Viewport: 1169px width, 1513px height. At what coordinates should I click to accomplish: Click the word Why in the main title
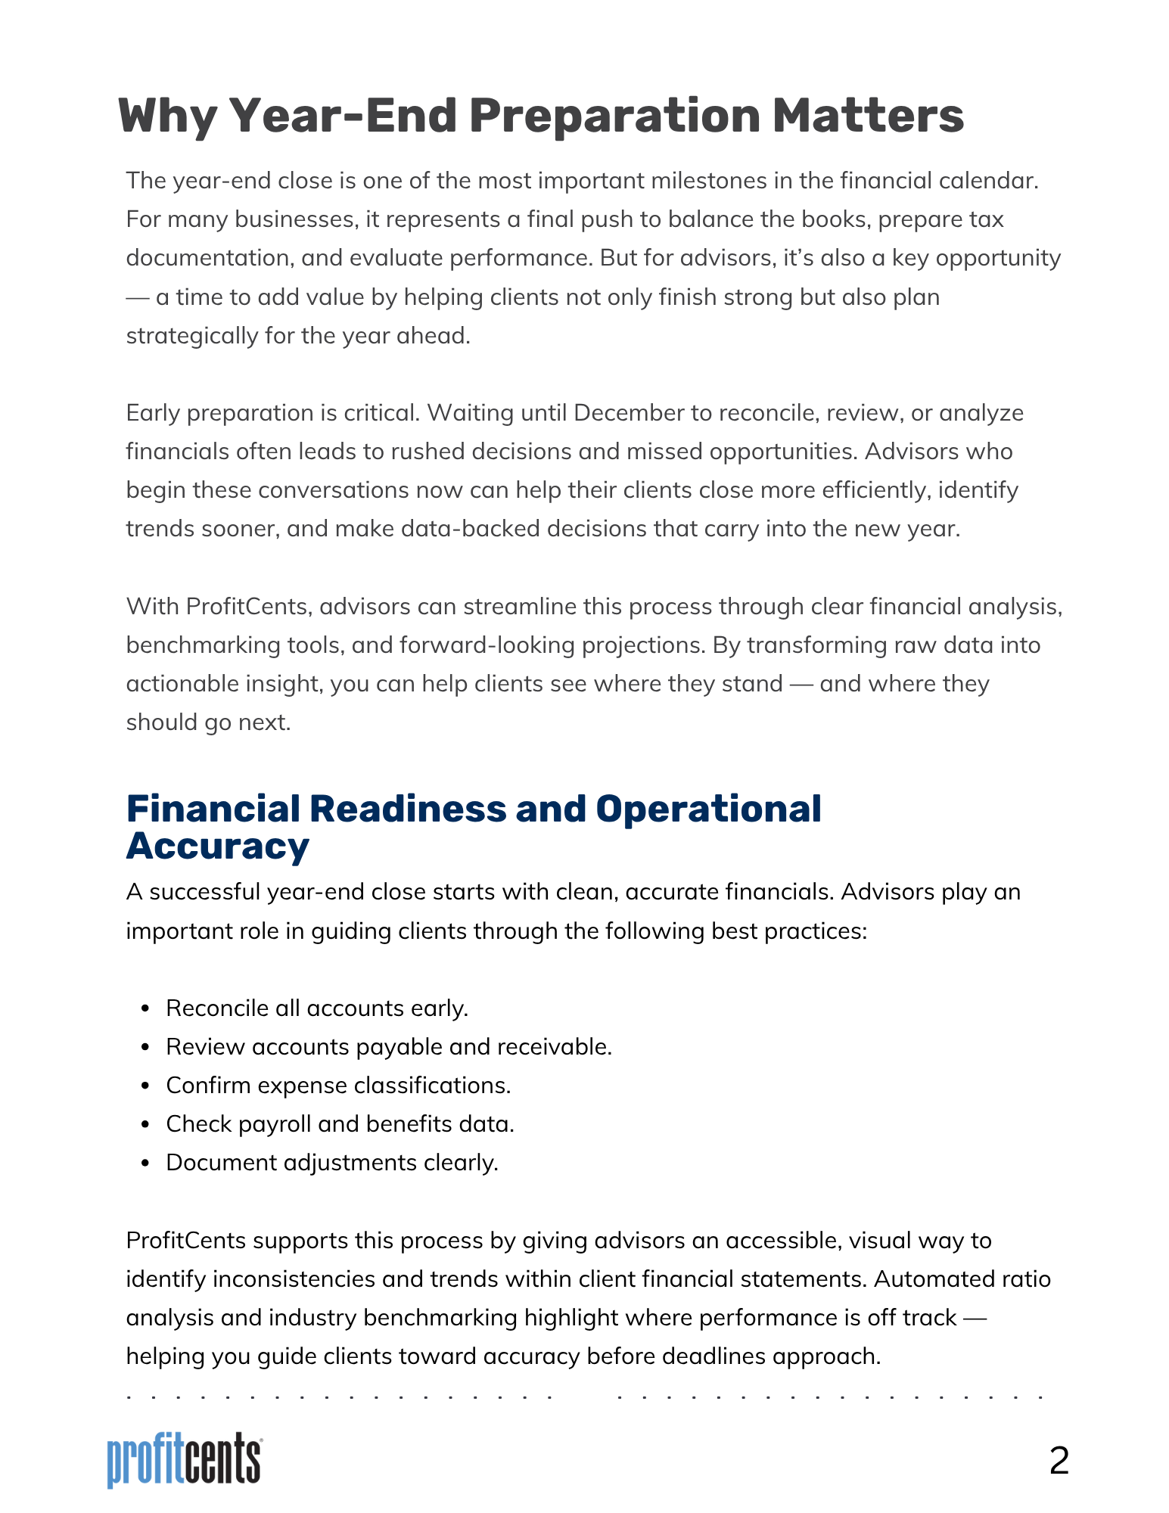167,117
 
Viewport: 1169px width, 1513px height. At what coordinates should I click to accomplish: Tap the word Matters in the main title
868,117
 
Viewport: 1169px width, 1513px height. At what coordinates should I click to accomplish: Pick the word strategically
192,335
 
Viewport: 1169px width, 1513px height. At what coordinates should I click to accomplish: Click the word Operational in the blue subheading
708,809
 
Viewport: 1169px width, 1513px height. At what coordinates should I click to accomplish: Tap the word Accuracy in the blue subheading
218,846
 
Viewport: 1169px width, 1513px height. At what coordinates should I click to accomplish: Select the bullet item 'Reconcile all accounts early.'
317,1008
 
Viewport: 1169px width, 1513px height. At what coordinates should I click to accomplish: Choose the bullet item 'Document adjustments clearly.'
332,1163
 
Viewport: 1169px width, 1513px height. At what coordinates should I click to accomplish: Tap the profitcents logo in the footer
185,1459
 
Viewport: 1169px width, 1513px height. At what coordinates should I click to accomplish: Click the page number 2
1059,1461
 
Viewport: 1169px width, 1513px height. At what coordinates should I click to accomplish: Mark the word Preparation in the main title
614,117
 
